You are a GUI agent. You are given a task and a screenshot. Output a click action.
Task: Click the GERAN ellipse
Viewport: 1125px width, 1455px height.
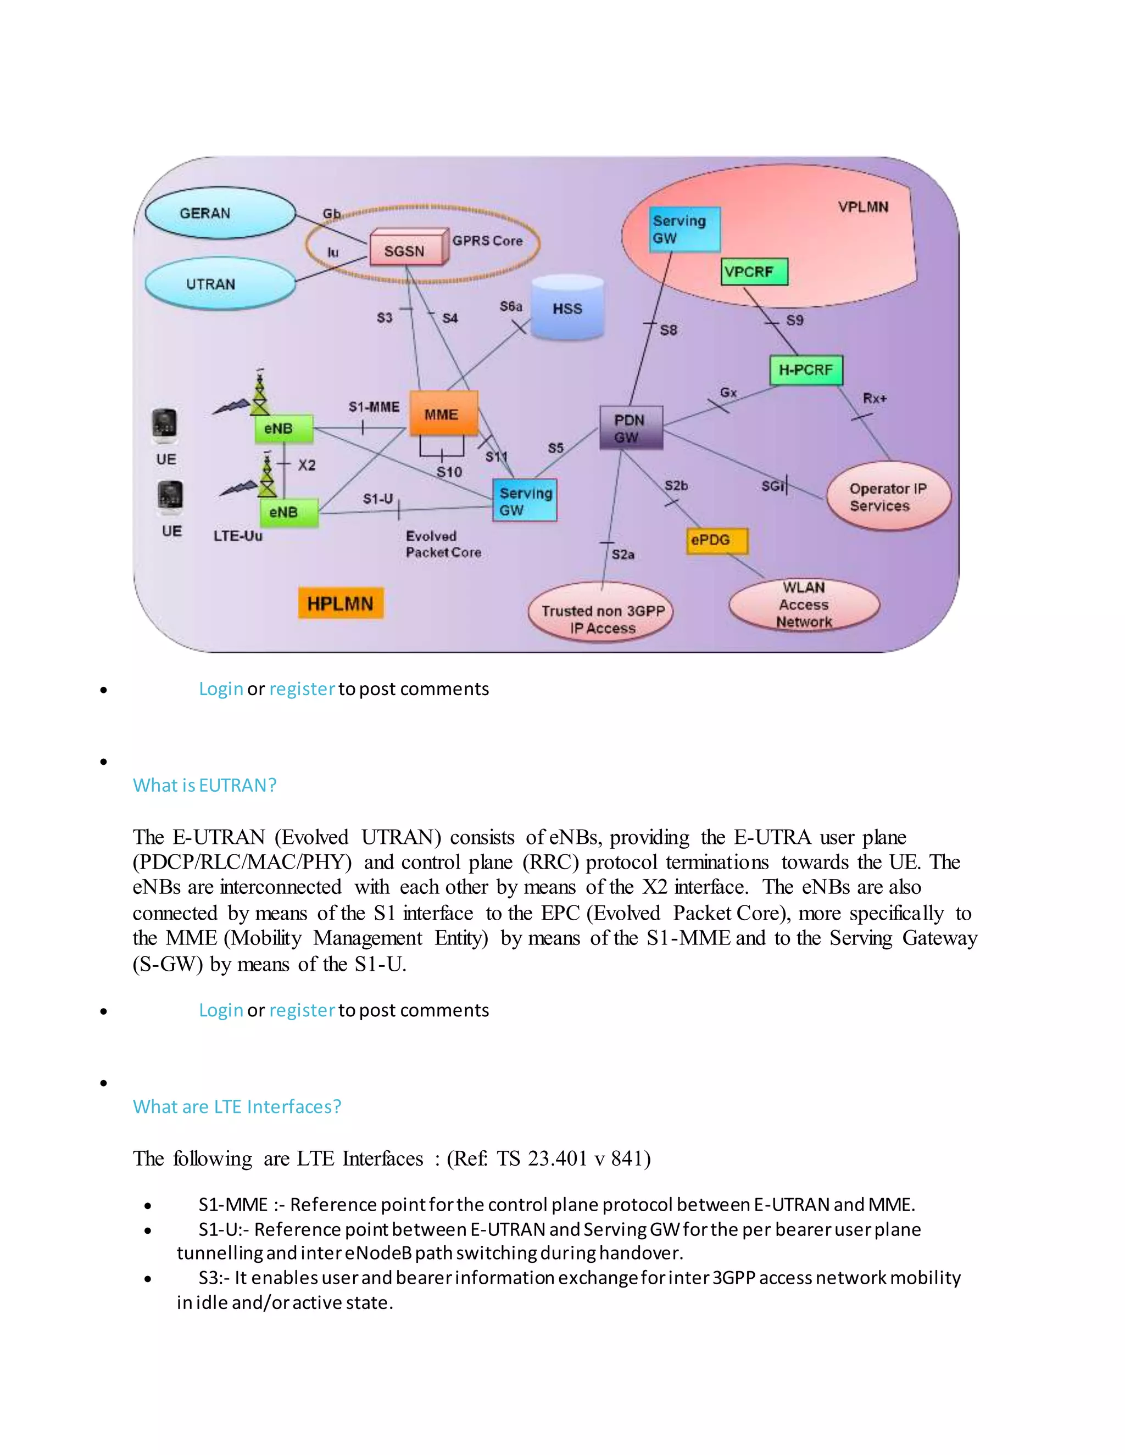click(220, 213)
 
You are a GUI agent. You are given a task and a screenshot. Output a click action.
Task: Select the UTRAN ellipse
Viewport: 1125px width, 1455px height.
click(220, 284)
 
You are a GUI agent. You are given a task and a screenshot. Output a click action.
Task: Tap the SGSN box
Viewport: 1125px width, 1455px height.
click(406, 250)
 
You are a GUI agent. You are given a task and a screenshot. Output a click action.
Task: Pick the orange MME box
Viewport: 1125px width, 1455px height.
click(443, 414)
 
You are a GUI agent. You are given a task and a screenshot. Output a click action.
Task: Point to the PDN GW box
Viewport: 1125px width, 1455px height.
click(631, 428)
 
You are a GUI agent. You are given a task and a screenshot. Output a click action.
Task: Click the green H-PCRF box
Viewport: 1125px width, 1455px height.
click(806, 370)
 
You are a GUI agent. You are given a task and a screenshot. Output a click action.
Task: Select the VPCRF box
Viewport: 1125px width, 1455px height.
click(754, 272)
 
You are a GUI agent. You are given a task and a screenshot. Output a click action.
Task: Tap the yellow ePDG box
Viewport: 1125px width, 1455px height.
click(716, 540)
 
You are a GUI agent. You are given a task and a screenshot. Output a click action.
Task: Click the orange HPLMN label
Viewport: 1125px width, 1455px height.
click(341, 603)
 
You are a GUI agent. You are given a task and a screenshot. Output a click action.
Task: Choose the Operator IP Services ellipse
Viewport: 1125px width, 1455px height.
click(888, 497)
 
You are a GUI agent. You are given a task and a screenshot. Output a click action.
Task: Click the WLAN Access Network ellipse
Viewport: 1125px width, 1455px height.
click(804, 605)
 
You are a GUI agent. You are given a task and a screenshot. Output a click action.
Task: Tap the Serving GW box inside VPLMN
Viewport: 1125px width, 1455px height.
click(684, 229)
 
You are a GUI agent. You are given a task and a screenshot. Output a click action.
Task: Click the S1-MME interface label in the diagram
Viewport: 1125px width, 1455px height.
click(374, 406)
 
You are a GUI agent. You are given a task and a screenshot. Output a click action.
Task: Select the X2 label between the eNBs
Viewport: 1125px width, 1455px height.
click(307, 465)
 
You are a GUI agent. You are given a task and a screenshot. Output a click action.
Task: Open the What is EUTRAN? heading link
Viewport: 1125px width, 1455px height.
click(204, 785)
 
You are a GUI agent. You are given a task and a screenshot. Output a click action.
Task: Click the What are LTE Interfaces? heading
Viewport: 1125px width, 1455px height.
click(237, 1106)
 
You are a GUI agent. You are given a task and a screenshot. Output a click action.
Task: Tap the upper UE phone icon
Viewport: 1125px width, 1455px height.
click(165, 425)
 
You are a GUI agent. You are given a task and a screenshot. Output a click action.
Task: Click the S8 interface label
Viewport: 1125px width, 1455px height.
click(669, 330)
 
